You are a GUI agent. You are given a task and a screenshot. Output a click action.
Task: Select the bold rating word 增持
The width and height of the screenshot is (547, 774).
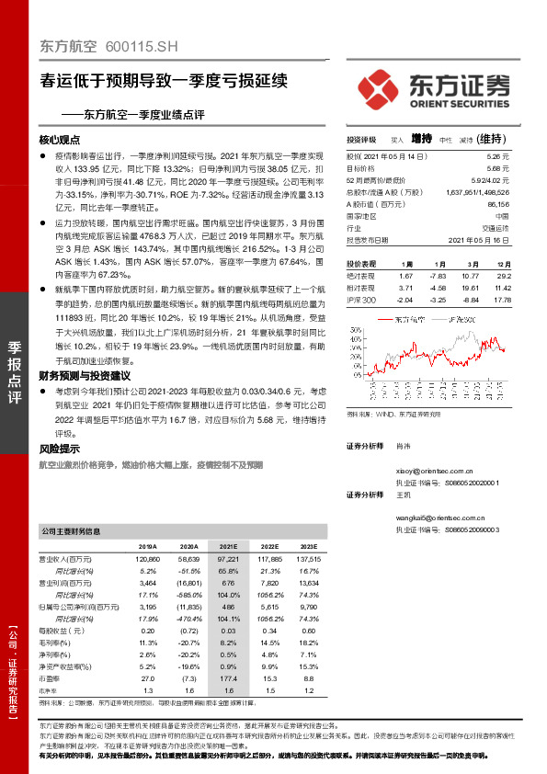pyautogui.click(x=422, y=139)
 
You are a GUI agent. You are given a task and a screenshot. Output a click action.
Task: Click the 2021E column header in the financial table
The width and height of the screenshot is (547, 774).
pyautogui.click(x=229, y=545)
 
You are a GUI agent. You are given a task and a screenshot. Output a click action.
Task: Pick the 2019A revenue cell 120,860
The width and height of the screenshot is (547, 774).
pyautogui.click(x=147, y=558)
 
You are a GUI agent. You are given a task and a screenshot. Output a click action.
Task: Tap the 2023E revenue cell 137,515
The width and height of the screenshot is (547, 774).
pyautogui.click(x=310, y=558)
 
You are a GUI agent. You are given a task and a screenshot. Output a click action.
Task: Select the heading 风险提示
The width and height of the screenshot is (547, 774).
pyautogui.click(x=60, y=450)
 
